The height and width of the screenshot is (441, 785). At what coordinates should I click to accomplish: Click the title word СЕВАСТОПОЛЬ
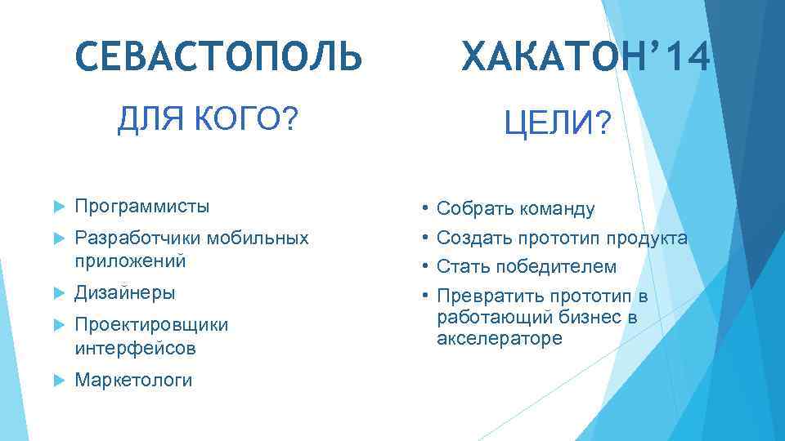(218, 57)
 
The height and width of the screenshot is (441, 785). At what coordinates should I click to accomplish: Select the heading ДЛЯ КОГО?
(208, 121)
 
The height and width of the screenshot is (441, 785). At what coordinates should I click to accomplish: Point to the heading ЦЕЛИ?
(557, 125)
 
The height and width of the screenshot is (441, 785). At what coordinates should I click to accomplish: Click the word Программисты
(141, 206)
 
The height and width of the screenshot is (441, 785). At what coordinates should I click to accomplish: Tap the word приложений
(129, 261)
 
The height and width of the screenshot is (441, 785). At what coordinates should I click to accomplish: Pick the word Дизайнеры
(124, 292)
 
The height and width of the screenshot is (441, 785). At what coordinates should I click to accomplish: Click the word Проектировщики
(151, 324)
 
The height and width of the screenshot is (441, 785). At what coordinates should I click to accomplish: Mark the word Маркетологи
(133, 380)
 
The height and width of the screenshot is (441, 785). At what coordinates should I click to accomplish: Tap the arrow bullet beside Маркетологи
(56, 381)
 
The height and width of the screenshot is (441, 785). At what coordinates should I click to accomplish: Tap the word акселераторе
(500, 337)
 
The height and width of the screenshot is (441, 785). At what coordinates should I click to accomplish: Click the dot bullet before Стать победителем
(425, 265)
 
